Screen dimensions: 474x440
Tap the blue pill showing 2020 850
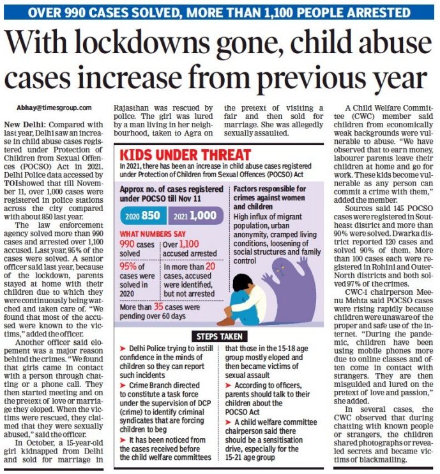point(143,216)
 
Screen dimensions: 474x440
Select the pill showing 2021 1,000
point(195,216)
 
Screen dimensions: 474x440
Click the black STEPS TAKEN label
point(219,336)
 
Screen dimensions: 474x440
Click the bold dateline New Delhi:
point(24,123)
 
